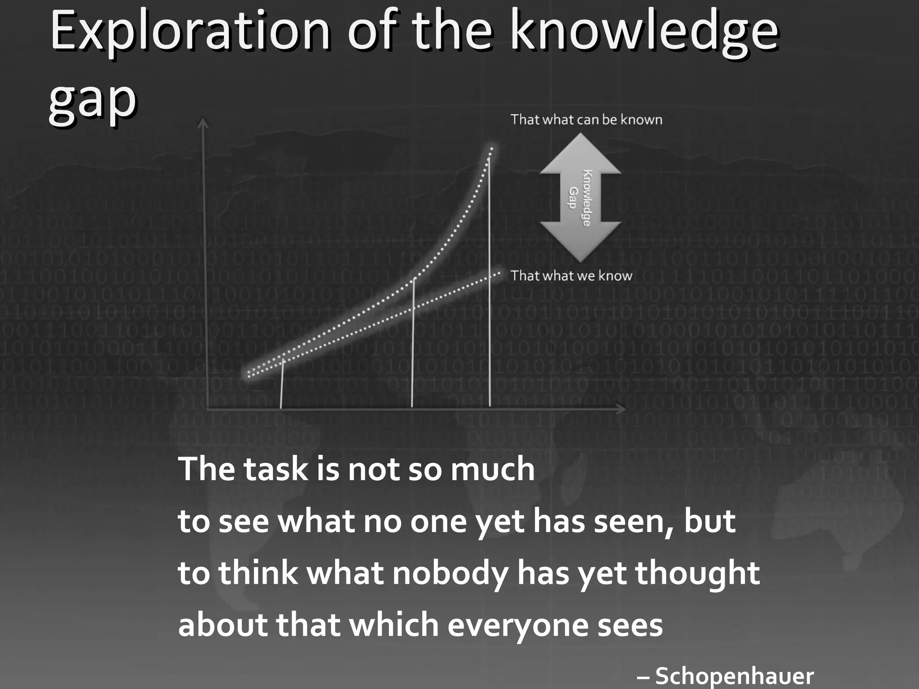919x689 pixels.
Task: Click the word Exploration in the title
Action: click(x=190, y=31)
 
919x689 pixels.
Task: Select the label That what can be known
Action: click(x=586, y=120)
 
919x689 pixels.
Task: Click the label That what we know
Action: click(x=571, y=275)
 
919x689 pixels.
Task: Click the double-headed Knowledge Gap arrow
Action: click(x=580, y=198)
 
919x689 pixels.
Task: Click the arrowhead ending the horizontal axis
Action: click(x=621, y=409)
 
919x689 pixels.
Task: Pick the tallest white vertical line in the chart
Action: click(x=489, y=278)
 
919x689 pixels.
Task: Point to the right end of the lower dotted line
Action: click(x=499, y=273)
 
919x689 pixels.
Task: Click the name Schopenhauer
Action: click(x=734, y=676)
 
